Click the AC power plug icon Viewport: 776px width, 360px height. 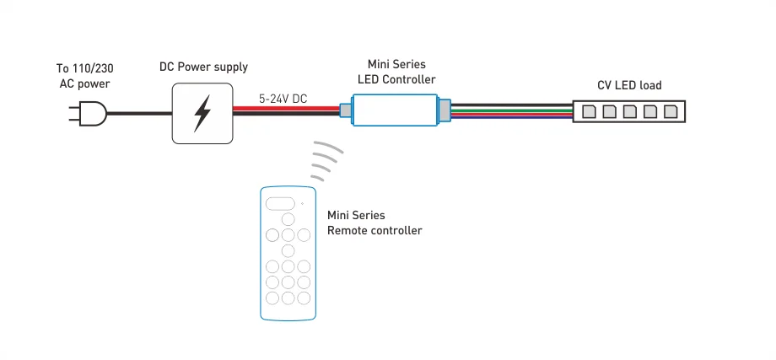pos(91,114)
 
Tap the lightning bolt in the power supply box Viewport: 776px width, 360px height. pos(202,113)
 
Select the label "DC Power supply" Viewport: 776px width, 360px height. pos(203,67)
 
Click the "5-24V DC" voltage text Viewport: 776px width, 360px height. pos(283,99)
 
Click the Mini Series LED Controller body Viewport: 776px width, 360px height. pos(394,110)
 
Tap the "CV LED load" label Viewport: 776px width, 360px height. pos(628,85)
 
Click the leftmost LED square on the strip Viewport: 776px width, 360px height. pos(588,111)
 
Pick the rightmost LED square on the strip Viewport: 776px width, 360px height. pos(671,111)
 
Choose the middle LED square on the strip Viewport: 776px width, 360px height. pos(629,111)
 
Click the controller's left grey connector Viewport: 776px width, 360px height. pos(345,110)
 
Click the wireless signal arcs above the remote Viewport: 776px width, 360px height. pos(327,160)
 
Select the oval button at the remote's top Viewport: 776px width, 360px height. pos(281,203)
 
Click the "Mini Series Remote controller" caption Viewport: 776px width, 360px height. pos(374,223)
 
